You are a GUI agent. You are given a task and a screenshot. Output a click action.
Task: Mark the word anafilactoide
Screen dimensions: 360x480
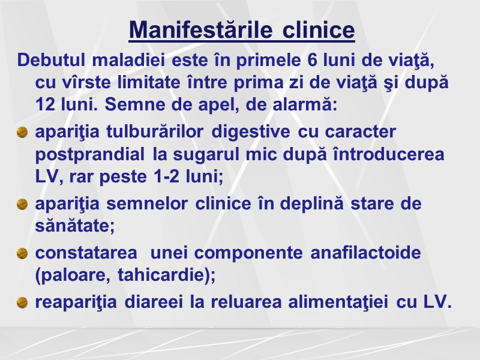click(x=365, y=253)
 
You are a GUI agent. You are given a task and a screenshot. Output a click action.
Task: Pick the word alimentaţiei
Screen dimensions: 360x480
click(x=325, y=302)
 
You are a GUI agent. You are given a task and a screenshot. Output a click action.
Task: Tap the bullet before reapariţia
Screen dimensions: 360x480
click(x=22, y=302)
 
